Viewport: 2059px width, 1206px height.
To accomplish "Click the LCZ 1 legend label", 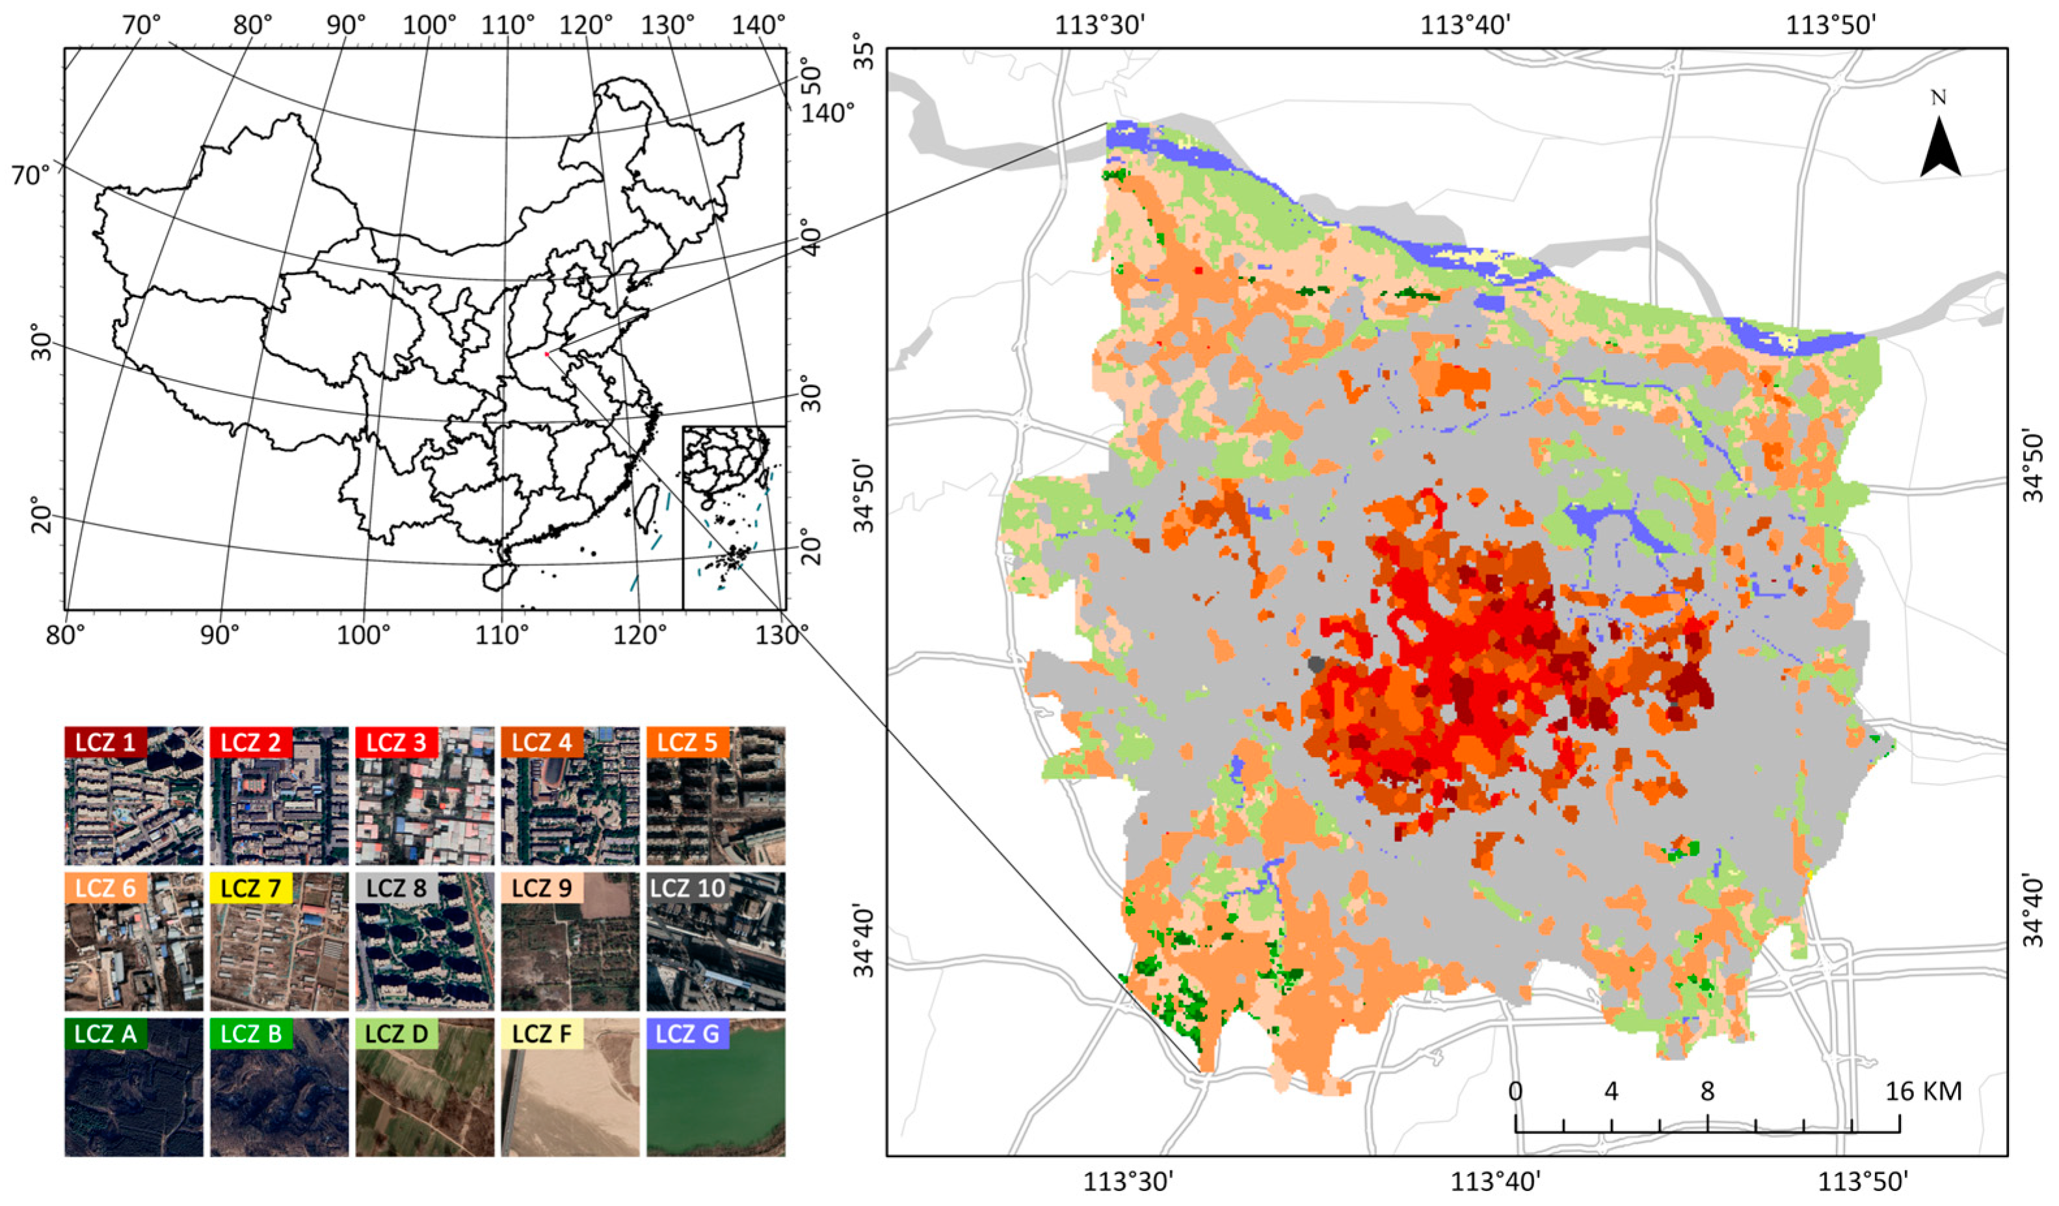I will pyautogui.click(x=105, y=742).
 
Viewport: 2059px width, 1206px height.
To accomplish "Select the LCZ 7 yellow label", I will pyautogui.click(x=252, y=887).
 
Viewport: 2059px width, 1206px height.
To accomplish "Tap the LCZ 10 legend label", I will pyautogui.click(x=687, y=887).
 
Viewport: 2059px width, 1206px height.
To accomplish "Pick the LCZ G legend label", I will pyautogui.click(x=687, y=1033).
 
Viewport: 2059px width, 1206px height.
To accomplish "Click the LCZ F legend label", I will pyautogui.click(x=542, y=1033).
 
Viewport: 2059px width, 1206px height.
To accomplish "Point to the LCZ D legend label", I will pyautogui.click(x=396, y=1033).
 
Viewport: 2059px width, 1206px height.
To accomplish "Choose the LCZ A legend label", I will pyautogui.click(x=105, y=1033).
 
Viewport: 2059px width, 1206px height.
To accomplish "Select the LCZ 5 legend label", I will pyautogui.click(x=687, y=742).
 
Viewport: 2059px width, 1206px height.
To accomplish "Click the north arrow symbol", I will pyautogui.click(x=1941, y=155).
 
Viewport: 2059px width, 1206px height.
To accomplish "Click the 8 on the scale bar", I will pyautogui.click(x=1707, y=1091).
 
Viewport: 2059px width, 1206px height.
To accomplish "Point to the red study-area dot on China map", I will pyautogui.click(x=546, y=353).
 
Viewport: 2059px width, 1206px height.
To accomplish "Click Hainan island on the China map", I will pyautogui.click(x=498, y=577).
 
